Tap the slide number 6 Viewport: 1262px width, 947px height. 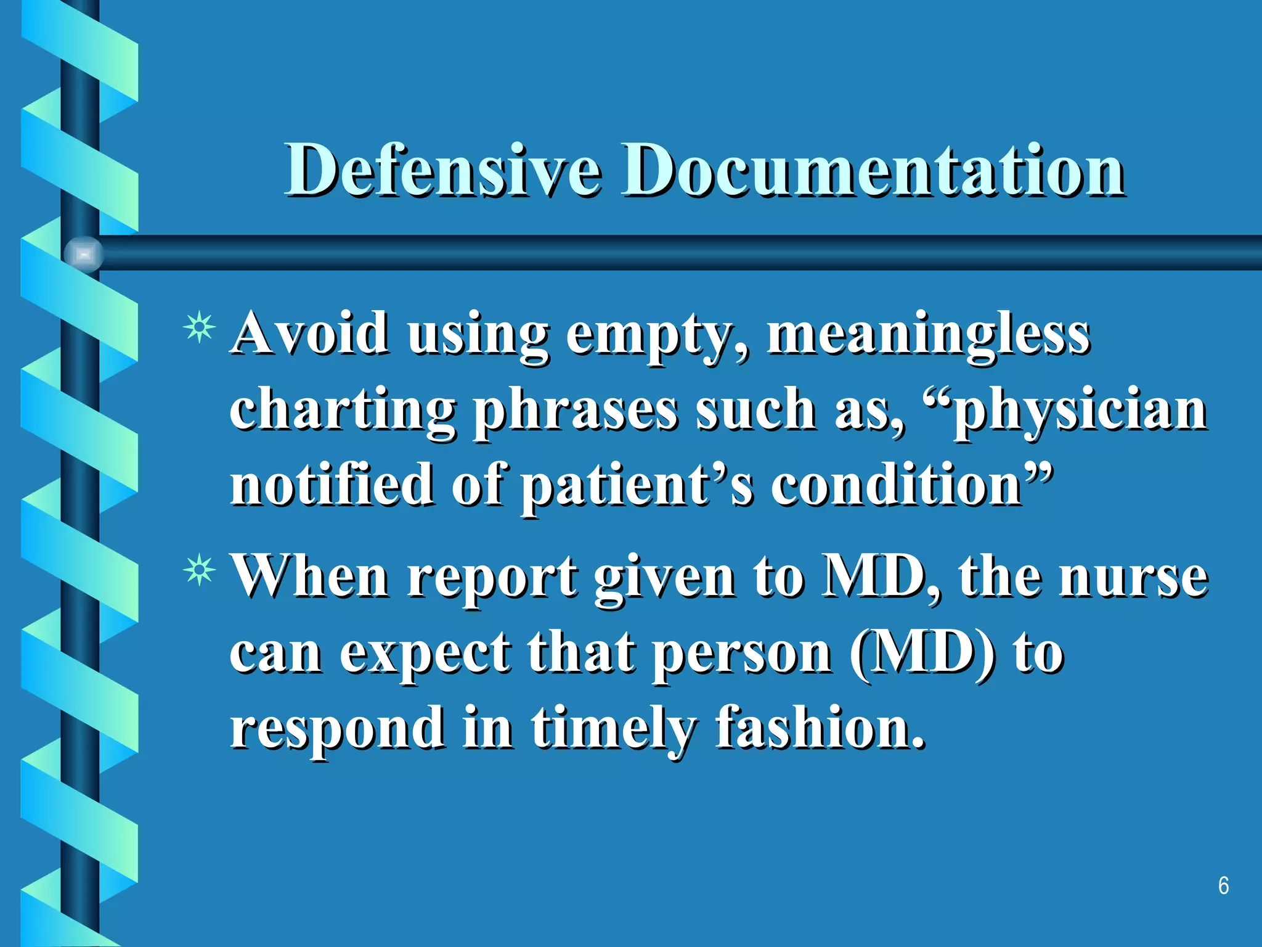point(1223,886)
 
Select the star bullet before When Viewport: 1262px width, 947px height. point(199,571)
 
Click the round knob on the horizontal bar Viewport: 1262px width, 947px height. point(83,253)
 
